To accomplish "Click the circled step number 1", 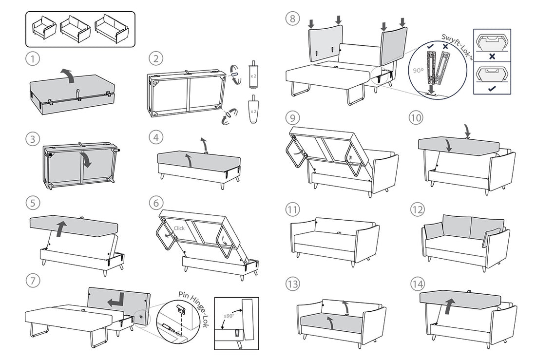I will pyautogui.click(x=32, y=59).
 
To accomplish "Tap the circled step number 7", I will pyautogui.click(x=32, y=281).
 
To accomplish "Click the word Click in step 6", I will pyautogui.click(x=180, y=228).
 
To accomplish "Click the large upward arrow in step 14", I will pyautogui.click(x=449, y=307).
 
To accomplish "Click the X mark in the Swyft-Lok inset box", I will pyautogui.click(x=492, y=56).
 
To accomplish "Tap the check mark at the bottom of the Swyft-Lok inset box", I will pyautogui.click(x=492, y=88).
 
